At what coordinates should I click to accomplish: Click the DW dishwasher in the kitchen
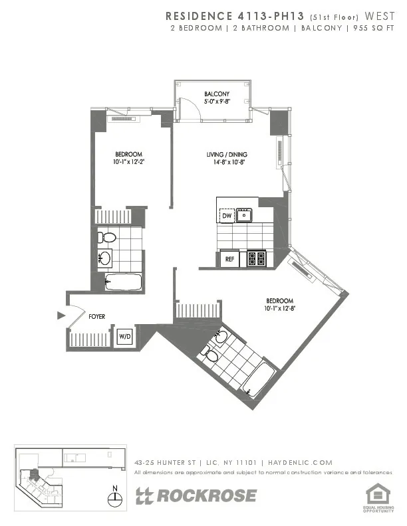227,215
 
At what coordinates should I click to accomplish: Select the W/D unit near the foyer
125,337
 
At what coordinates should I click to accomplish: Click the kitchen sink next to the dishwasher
245,215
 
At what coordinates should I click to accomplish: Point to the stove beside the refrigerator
256,258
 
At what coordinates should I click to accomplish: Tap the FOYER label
97,317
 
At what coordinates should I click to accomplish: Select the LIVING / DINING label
226,154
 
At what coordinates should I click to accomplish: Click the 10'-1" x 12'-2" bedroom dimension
127,161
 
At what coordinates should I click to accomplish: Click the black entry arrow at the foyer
62,315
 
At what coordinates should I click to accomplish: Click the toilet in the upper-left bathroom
106,237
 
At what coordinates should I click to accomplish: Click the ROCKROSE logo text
196,496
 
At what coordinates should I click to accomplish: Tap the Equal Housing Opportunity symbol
377,494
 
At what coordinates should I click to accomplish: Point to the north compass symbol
116,497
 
